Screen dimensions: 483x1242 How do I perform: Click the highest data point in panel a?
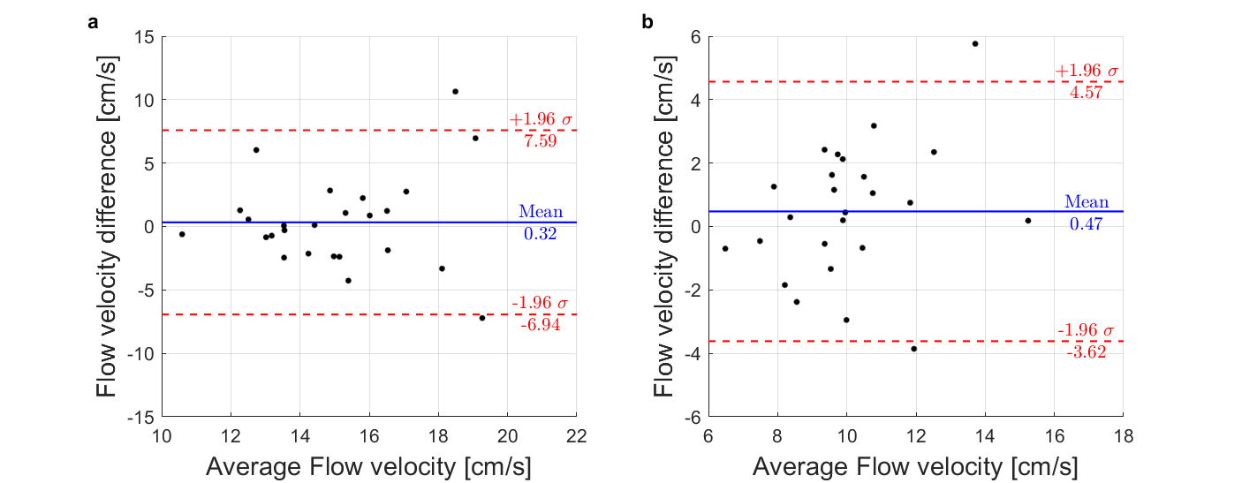tap(455, 91)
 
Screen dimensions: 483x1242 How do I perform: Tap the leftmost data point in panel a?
tap(182, 234)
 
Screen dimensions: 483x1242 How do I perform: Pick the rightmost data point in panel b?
tap(1028, 221)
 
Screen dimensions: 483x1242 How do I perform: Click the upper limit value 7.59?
tap(541, 140)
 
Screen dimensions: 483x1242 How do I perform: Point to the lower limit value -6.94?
tap(541, 324)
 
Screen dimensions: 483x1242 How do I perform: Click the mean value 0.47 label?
tap(1087, 224)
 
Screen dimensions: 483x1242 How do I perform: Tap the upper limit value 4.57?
tap(1087, 92)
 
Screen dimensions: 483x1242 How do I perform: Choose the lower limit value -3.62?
tap(1087, 351)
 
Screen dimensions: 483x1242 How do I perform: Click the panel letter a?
tap(92, 23)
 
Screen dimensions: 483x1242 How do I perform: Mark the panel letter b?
tap(648, 23)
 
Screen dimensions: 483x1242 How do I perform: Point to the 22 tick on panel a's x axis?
tap(576, 435)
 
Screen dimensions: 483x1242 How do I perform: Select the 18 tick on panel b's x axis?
tap(1123, 435)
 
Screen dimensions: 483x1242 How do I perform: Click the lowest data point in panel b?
tap(914, 349)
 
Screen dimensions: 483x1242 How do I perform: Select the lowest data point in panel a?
tap(482, 318)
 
